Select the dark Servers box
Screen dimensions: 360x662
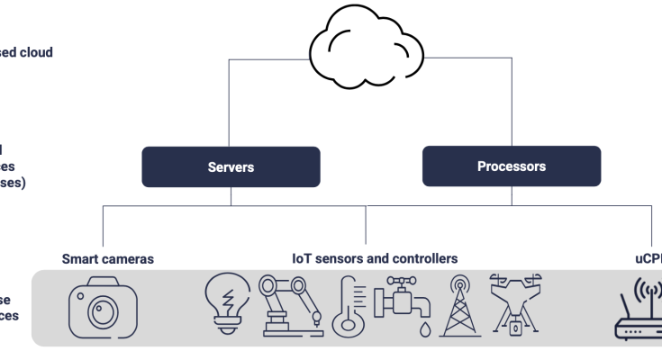pos(231,167)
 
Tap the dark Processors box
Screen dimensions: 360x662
pos(512,166)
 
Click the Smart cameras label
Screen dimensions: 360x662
pos(107,259)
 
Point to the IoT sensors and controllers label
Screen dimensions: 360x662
pos(375,259)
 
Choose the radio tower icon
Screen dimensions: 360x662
pos(459,306)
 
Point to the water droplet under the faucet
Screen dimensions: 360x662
pos(423,329)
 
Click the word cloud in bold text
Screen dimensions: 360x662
pos(36,52)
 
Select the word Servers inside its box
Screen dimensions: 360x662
pos(231,167)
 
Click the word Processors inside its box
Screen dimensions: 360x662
pos(512,166)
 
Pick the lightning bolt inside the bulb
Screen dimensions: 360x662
pos(227,295)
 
